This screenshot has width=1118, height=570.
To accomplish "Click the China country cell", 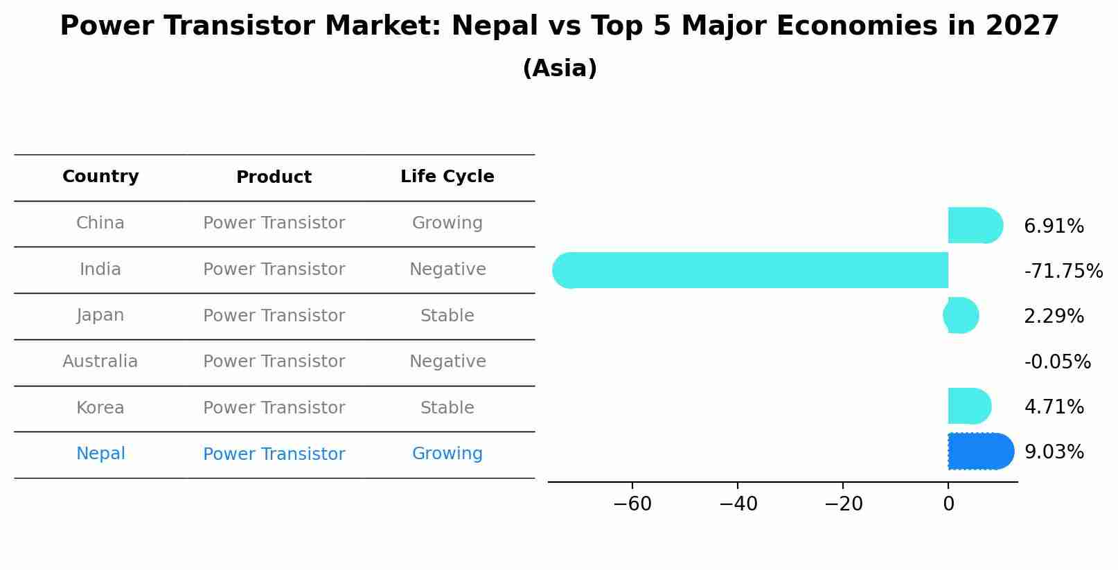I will coord(100,223).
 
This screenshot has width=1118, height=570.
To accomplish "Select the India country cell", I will coord(100,269).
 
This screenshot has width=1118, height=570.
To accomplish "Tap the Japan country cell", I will coord(100,315).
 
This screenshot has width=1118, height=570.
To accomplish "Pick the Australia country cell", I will coord(100,362).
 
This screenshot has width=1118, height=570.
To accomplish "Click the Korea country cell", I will coord(100,408).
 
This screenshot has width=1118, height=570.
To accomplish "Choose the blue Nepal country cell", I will coord(100,454).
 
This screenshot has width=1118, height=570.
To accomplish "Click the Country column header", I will coord(100,177).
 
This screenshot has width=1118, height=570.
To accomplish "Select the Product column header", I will coord(274,177).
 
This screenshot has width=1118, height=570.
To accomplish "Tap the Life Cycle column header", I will coord(447,177).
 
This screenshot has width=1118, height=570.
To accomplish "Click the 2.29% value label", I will coord(1054,317).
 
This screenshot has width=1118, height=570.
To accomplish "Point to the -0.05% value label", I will coord(1057,362).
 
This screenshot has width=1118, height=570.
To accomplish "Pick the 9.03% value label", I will coord(1054,452).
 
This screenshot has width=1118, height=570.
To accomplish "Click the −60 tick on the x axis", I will coord(632,504).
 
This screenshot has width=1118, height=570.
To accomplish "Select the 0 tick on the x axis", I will coord(948,504).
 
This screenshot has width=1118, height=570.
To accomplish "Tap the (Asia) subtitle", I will coord(560,69).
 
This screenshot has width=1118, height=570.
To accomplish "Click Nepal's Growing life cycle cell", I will coord(447,454).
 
